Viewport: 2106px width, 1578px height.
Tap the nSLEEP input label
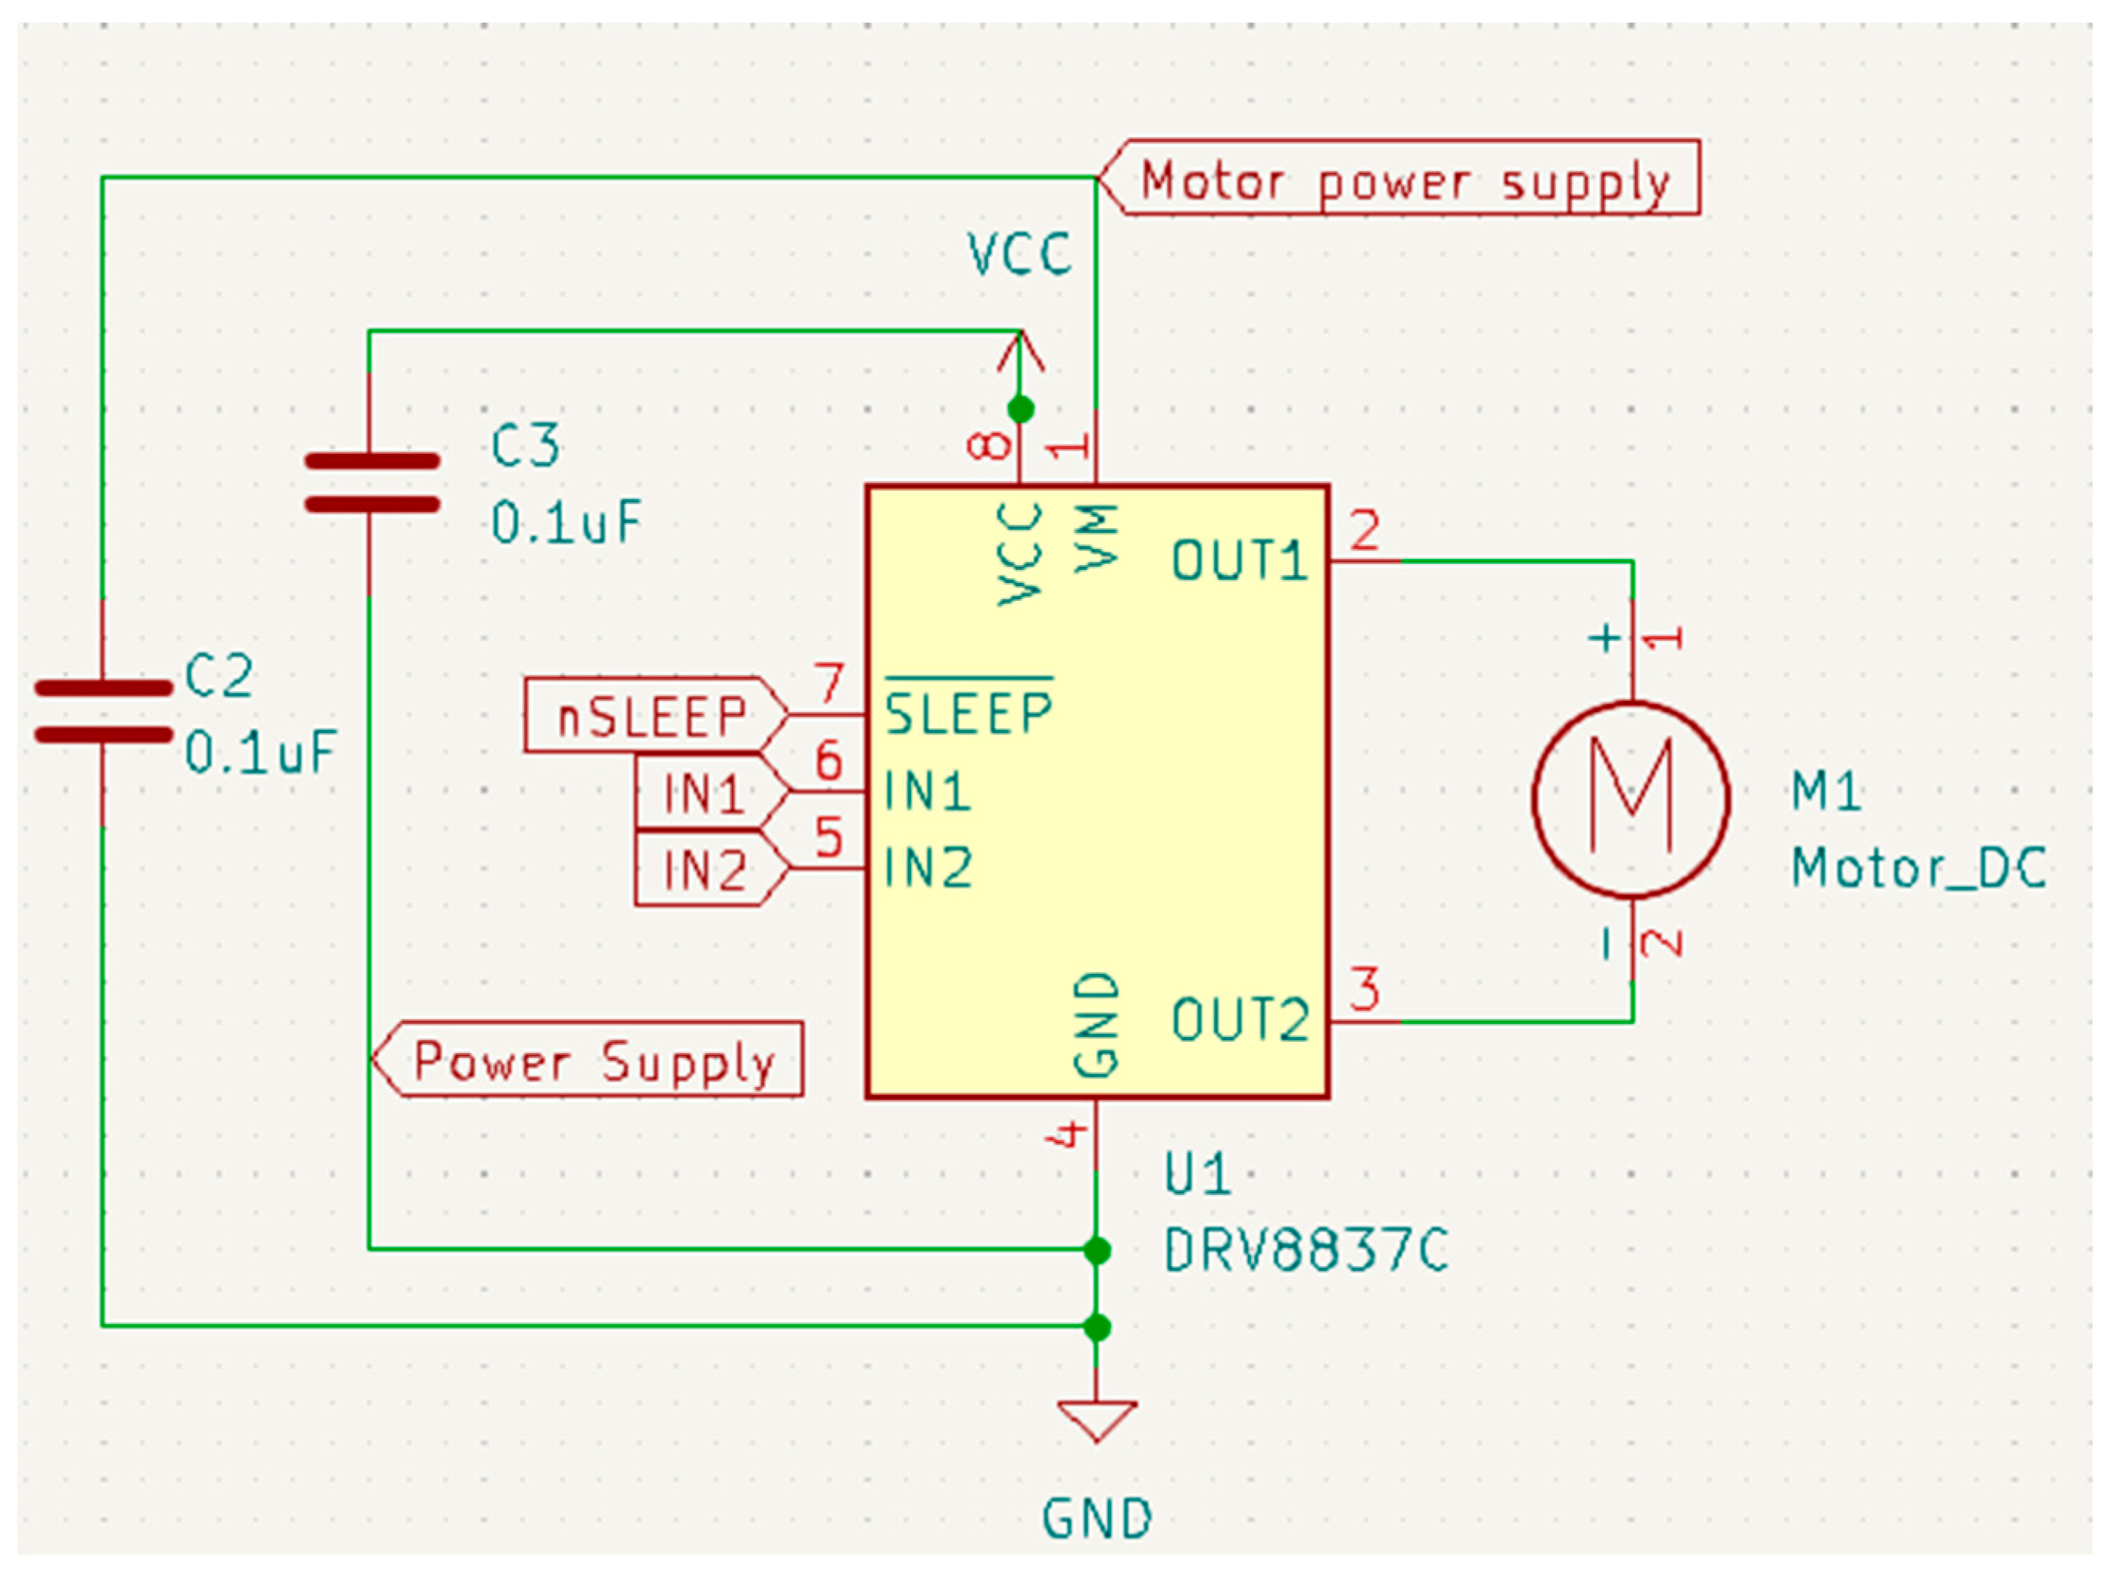[x=653, y=715]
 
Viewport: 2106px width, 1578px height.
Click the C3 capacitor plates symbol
[x=372, y=483]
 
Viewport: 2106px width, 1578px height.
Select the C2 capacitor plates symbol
[x=103, y=711]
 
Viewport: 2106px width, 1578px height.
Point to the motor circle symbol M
[x=1631, y=799]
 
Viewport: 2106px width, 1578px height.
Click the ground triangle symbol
[x=1096, y=1419]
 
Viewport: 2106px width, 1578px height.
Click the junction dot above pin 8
[x=1020, y=410]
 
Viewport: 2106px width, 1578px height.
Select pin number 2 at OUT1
[x=1364, y=531]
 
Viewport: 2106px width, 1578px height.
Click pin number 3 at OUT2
[x=1364, y=989]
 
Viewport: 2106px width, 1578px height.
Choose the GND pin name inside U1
[x=1096, y=1025]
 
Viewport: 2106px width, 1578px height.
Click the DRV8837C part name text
[x=1305, y=1250]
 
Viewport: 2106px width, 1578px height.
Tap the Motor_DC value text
[x=1917, y=868]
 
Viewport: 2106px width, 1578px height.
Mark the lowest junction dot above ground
[x=1097, y=1326]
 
